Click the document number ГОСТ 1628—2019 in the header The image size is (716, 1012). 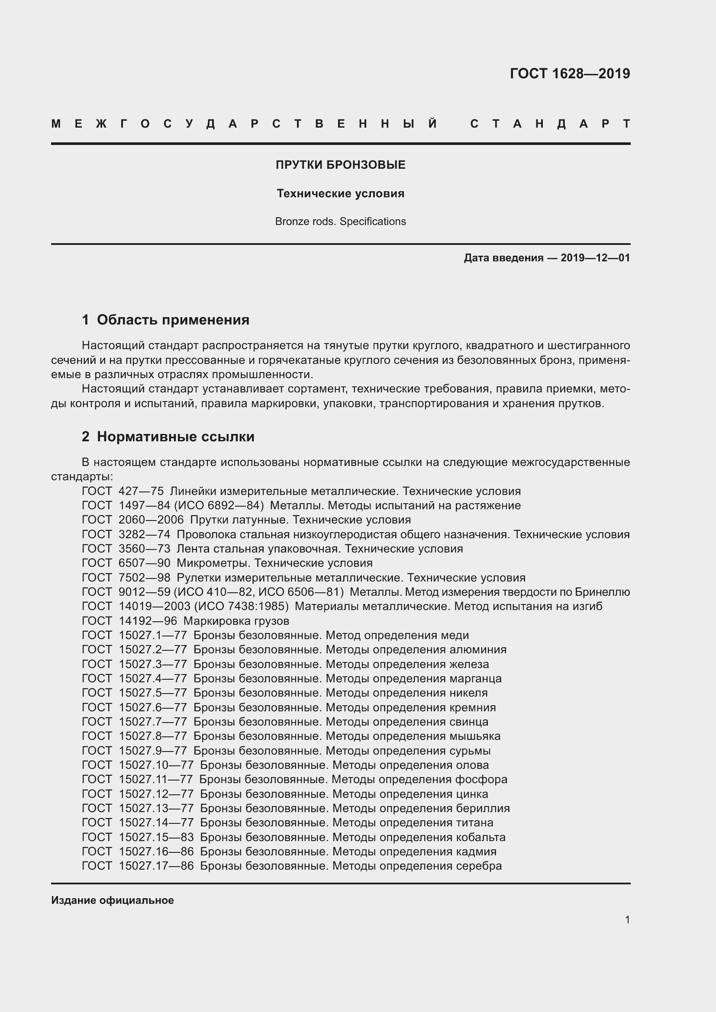click(x=570, y=74)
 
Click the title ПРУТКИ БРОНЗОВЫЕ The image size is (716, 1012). click(x=340, y=165)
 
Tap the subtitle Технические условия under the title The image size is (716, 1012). click(x=340, y=193)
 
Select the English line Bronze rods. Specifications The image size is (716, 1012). click(x=340, y=221)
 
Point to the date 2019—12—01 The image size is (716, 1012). click(x=595, y=258)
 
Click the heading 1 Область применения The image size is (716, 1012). click(x=166, y=320)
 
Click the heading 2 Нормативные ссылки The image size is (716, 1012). click(x=168, y=437)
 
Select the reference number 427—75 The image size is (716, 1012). click(x=141, y=491)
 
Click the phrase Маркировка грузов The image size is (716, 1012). click(x=236, y=621)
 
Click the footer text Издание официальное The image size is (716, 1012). click(x=113, y=900)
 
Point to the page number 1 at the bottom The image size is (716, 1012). click(x=627, y=919)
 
